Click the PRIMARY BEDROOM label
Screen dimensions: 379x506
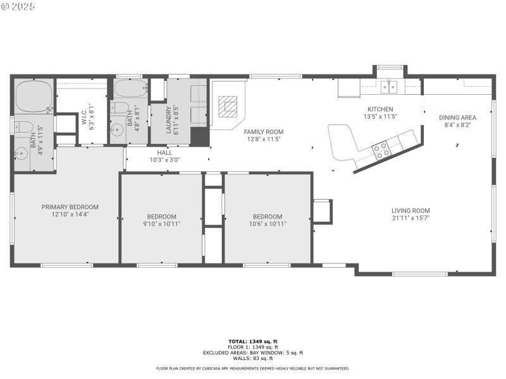(x=70, y=207)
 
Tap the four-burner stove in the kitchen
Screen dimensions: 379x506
(x=381, y=150)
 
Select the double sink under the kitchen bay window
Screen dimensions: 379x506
(x=388, y=86)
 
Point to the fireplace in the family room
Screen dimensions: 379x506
(x=226, y=105)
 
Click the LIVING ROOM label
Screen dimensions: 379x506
(x=410, y=211)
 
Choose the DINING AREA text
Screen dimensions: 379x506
(x=457, y=117)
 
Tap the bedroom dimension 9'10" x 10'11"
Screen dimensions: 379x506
(x=161, y=224)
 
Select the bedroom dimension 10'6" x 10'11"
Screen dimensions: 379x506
(x=268, y=224)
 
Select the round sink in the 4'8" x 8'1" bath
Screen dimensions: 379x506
(x=116, y=131)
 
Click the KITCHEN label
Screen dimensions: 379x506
(x=380, y=109)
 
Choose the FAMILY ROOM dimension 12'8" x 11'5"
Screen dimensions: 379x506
(x=262, y=139)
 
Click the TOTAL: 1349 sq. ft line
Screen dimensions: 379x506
(x=253, y=341)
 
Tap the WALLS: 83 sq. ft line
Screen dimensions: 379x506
(x=253, y=358)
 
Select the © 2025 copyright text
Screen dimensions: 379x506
(x=18, y=6)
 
